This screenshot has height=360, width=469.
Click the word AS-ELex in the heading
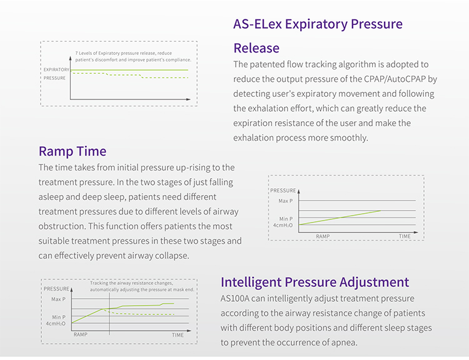click(258, 24)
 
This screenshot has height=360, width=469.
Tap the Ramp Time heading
click(73, 151)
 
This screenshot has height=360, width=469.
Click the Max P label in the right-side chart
click(285, 201)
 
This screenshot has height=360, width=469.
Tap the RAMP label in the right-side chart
click(322, 236)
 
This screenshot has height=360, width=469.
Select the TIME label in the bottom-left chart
click(178, 336)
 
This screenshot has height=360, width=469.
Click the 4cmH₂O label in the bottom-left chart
click(56, 323)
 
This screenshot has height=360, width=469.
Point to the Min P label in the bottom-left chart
click(58, 316)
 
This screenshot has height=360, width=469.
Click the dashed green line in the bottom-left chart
click(144, 313)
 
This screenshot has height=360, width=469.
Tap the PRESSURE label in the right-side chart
click(283, 191)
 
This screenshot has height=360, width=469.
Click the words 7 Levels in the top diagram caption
click(87, 53)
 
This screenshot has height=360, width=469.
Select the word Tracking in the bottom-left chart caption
click(101, 283)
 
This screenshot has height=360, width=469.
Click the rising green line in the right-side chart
click(341, 217)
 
